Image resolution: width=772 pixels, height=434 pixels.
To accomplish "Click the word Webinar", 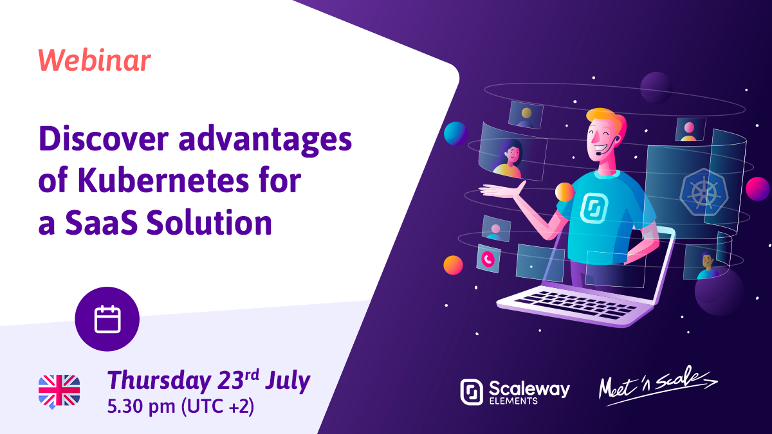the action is [95, 60].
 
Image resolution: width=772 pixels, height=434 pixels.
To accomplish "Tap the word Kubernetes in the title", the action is [163, 181].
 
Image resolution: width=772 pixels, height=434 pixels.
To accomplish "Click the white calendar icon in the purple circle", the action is [107, 320].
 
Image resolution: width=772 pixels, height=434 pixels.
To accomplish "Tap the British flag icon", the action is [59, 391].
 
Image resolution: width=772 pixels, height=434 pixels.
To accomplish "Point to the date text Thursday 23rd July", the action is [209, 381].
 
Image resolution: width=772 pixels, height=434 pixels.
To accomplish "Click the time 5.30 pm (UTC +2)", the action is [181, 406].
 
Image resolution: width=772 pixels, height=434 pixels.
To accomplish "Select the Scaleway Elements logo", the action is [515, 392].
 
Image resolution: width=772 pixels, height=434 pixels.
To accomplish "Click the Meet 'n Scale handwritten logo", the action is [657, 385].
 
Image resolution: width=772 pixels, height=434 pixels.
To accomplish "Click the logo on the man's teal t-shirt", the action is [593, 208].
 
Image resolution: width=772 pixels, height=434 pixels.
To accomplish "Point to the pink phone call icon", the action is [488, 258].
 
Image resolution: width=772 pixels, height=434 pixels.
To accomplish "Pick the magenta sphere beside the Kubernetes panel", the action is [757, 188].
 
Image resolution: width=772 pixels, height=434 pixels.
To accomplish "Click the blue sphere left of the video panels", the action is [455, 133].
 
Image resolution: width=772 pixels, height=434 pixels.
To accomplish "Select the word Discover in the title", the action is [104, 139].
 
